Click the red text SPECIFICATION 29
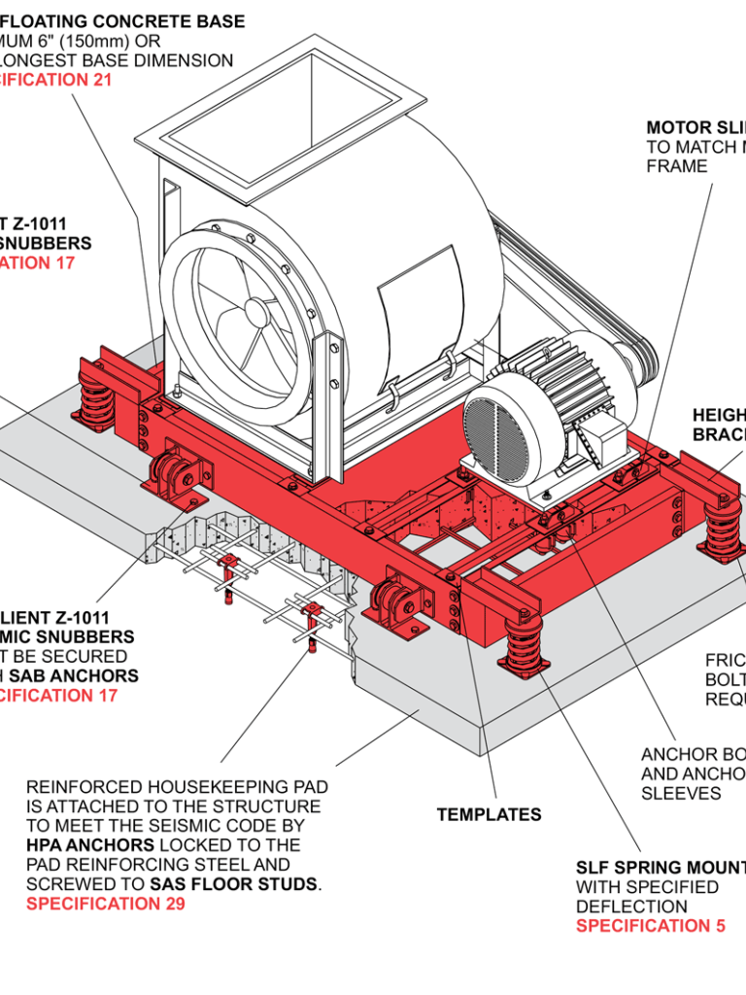pos(105,904)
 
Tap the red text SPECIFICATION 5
pos(650,925)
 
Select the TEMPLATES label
pos(489,814)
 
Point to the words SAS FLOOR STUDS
pos(234,884)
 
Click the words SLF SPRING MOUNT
pos(661,868)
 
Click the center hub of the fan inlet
pos(255,311)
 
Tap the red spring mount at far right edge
pos(724,530)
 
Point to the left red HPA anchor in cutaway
pos(228,572)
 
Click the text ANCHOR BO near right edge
pos(693,755)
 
